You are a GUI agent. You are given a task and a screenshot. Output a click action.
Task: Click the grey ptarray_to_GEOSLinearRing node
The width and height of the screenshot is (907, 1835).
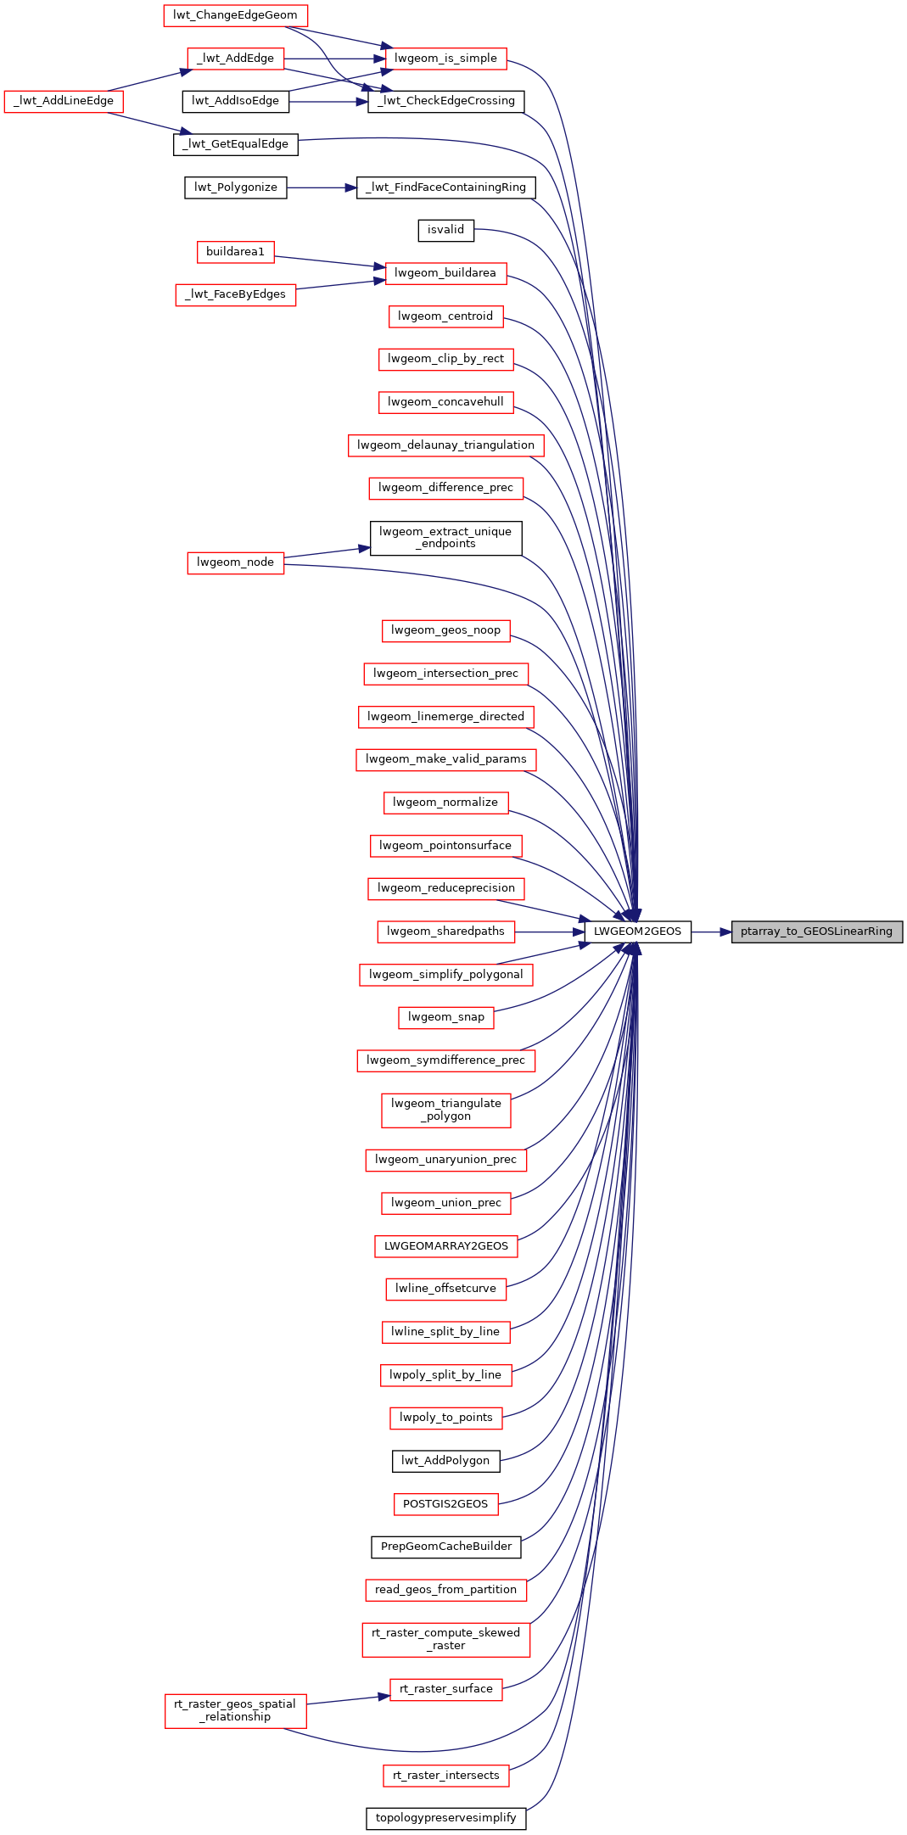(817, 931)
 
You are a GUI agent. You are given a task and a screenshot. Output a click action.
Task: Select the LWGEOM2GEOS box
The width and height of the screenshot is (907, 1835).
(637, 931)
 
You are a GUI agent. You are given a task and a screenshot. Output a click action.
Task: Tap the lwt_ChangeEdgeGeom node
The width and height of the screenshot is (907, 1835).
(235, 15)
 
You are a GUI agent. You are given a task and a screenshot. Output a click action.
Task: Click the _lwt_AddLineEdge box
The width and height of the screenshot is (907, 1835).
(64, 101)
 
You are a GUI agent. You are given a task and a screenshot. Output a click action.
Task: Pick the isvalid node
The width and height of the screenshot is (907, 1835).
(445, 230)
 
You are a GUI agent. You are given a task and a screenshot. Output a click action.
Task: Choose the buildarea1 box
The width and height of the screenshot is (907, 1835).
(235, 252)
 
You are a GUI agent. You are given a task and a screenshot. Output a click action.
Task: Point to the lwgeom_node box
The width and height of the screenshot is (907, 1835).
(235, 562)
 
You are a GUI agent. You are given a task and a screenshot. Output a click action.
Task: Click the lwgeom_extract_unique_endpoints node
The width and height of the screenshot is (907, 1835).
(445, 538)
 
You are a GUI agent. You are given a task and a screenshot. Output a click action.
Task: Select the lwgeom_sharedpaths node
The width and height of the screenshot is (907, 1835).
(445, 931)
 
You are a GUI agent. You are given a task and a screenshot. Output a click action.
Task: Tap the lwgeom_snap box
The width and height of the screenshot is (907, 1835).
(445, 1017)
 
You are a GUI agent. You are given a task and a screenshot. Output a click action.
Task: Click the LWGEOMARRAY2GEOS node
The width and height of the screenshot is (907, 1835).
(445, 1246)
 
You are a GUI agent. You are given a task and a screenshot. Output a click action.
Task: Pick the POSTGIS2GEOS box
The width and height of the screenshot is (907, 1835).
(445, 1504)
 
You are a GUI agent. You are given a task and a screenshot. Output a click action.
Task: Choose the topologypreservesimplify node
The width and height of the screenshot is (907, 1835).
(445, 1818)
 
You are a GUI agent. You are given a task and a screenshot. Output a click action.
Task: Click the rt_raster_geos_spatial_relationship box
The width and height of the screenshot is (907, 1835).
(235, 1710)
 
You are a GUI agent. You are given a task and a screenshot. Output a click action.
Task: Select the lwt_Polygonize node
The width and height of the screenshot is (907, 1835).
(235, 187)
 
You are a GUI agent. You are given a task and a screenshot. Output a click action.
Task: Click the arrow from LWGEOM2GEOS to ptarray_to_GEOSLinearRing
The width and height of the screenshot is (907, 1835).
(712, 931)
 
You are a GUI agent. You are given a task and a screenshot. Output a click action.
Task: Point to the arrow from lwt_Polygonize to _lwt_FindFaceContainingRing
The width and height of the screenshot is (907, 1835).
(322, 187)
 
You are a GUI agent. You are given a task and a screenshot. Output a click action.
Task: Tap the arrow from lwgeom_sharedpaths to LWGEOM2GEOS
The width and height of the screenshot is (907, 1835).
(549, 931)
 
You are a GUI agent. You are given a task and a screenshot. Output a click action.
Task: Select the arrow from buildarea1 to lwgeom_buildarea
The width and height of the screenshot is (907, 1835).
(330, 261)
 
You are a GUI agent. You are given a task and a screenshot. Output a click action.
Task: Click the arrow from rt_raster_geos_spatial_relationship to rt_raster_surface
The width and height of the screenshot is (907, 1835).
(348, 1699)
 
